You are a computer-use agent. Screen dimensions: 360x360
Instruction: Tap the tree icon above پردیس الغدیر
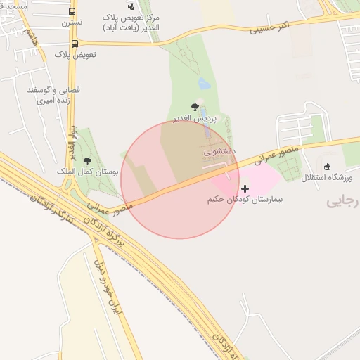tap(195, 107)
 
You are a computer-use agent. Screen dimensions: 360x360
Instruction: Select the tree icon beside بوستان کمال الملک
tap(87, 161)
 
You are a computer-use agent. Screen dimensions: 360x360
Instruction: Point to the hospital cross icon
tap(245, 188)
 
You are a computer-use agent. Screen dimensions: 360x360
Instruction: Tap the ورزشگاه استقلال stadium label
tap(328, 178)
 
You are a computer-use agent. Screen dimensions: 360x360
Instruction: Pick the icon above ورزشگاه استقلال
tap(327, 167)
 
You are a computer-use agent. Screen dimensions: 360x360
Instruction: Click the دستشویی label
tap(219, 150)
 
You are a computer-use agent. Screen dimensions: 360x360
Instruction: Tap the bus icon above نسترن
tap(72, 11)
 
